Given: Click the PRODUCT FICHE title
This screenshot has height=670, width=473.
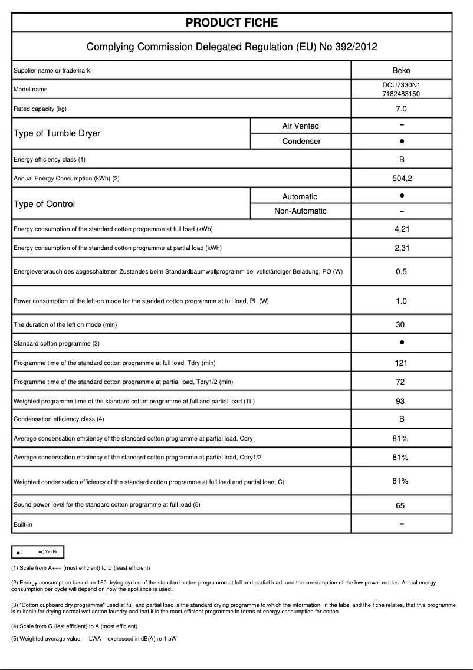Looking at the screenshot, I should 232,23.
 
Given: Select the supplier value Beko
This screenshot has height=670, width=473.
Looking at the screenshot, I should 401,71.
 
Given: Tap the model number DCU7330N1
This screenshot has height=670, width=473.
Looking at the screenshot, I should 401,85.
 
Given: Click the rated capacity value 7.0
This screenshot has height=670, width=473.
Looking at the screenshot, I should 401,109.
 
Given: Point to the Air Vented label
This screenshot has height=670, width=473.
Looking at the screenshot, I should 300,126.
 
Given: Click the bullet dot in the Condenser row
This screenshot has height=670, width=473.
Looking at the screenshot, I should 401,142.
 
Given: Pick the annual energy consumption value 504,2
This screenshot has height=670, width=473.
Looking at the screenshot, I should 401,178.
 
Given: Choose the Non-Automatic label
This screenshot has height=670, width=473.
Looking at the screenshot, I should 300,211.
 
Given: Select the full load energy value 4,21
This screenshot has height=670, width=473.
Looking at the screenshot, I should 401,229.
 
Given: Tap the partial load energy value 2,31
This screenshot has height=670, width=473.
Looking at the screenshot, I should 401,248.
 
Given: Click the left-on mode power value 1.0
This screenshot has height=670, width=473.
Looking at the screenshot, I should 401,301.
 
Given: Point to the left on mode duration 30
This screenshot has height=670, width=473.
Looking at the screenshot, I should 401,324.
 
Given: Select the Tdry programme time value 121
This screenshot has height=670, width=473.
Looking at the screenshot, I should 401,363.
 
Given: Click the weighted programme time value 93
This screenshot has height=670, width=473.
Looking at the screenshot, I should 401,401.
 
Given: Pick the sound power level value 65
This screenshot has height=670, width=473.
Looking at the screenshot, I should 401,505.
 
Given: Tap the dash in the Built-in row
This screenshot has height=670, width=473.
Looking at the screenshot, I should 401,524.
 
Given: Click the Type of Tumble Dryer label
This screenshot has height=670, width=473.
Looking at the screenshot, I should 57,133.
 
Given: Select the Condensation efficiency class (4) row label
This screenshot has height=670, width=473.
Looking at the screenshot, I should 59,419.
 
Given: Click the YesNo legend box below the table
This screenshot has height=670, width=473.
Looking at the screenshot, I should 38,551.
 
